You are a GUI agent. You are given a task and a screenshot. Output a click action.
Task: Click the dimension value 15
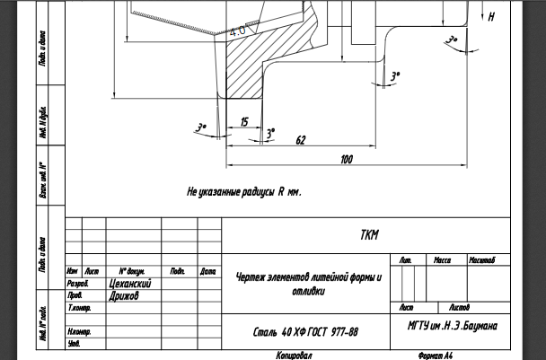(244, 120)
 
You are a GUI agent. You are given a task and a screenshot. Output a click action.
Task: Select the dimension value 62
(300, 140)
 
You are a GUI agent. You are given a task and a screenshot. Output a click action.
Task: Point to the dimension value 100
(347, 160)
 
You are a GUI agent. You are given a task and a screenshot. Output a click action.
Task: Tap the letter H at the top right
(491, 16)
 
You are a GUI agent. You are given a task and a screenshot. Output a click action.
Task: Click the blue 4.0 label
(238, 31)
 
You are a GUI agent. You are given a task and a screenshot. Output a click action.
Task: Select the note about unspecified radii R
(243, 192)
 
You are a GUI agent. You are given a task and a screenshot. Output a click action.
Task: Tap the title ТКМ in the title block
(369, 235)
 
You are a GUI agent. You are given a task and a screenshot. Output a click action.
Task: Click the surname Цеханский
(129, 283)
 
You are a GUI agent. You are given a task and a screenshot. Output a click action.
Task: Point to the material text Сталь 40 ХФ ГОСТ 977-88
(306, 332)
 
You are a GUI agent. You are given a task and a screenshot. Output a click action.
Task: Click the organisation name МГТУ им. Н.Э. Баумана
(452, 325)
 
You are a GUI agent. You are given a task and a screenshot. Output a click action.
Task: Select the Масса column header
(442, 260)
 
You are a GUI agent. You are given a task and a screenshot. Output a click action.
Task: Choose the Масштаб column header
(482, 260)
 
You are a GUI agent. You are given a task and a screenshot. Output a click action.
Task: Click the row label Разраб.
(77, 283)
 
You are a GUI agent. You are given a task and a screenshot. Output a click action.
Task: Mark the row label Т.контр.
(78, 307)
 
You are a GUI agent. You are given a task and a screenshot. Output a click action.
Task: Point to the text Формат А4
(436, 356)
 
